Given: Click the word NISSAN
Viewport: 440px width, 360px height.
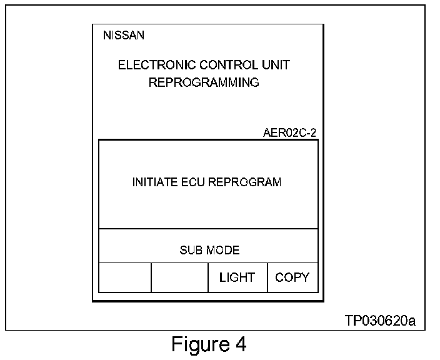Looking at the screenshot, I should [x=123, y=36].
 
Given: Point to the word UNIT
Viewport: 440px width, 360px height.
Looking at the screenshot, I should [x=276, y=65].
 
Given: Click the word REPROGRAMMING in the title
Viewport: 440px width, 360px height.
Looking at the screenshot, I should [x=204, y=82].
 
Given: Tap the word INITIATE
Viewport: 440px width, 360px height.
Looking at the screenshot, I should [x=154, y=182].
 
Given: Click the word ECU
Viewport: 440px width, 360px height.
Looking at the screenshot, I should [x=192, y=182].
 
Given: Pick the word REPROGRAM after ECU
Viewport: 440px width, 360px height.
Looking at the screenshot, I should [x=244, y=182].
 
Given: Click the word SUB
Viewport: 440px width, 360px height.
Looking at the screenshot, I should [x=189, y=251].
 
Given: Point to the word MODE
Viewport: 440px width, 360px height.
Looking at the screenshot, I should [x=222, y=251].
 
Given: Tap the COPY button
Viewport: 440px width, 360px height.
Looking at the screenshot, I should [x=292, y=277].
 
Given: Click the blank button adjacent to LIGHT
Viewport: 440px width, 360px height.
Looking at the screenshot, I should [x=179, y=277].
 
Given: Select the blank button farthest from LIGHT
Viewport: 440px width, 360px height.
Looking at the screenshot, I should [x=125, y=277].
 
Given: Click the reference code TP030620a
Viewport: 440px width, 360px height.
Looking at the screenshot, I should [x=380, y=321].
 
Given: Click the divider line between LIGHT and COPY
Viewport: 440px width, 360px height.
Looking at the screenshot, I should [x=267, y=277].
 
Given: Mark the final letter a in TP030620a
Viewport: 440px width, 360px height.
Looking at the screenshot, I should [x=411, y=321].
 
